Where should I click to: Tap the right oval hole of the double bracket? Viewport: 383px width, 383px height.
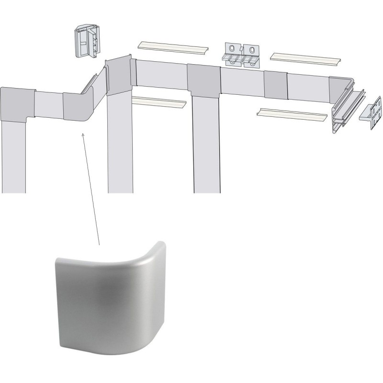(x=251, y=50)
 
